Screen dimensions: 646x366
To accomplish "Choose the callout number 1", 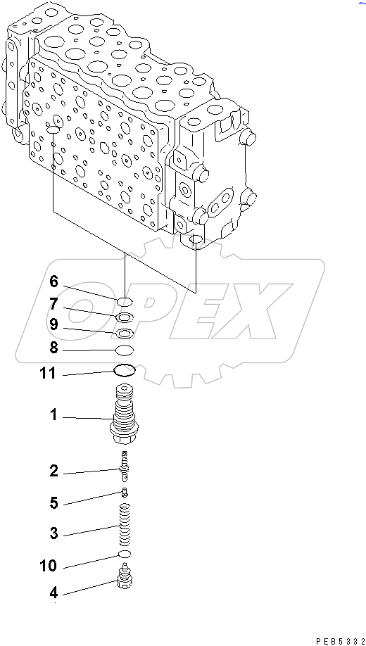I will pos(53,415).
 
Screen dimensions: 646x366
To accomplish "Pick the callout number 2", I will pos(53,471).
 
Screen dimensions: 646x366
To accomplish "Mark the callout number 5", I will pos(53,502).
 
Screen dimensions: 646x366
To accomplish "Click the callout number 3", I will pos(53,533).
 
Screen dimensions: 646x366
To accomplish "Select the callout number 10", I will pos(49,565).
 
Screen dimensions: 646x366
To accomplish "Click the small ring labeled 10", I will pos(125,555).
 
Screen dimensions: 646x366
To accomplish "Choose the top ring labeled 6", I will pos(125,302).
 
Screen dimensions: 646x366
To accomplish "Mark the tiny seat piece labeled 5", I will pos(125,493).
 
